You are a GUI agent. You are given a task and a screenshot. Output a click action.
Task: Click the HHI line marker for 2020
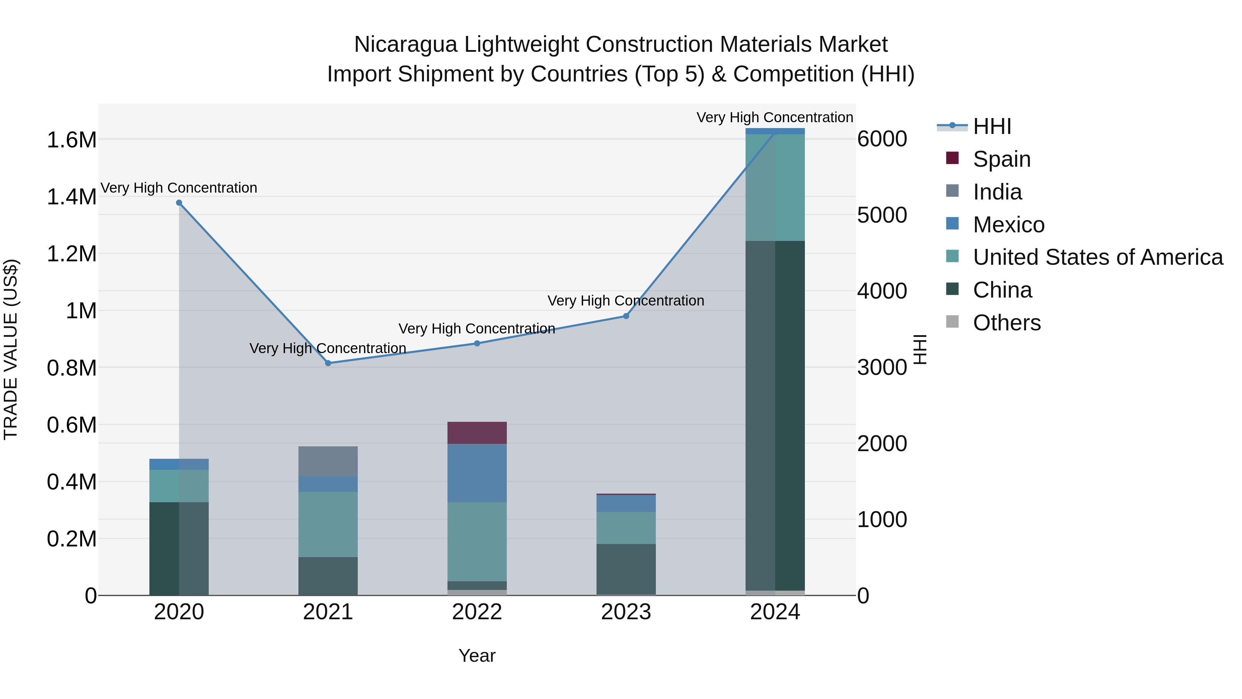point(179,203)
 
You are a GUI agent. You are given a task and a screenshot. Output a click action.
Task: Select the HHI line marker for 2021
point(328,363)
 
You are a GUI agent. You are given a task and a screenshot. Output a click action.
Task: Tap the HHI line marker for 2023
point(626,316)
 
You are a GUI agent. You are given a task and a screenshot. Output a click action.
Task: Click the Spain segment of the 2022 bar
point(477,433)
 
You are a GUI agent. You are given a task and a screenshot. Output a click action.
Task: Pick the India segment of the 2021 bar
point(328,461)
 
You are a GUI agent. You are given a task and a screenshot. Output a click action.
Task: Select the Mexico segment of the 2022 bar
point(477,473)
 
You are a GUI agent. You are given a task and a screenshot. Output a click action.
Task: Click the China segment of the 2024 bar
point(775,415)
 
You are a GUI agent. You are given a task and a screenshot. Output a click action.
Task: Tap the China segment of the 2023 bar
point(626,569)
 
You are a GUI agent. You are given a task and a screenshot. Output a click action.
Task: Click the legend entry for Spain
point(1002,159)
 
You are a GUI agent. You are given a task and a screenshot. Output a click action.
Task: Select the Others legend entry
point(1006,323)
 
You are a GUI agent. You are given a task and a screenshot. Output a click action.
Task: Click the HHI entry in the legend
point(992,126)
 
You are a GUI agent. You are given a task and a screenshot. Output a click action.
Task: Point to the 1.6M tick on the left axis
point(71,140)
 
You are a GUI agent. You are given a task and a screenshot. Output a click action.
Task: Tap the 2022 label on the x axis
point(477,612)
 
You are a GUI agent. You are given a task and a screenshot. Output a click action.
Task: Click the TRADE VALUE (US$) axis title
point(11,349)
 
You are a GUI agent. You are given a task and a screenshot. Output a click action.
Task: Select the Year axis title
point(477,656)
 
